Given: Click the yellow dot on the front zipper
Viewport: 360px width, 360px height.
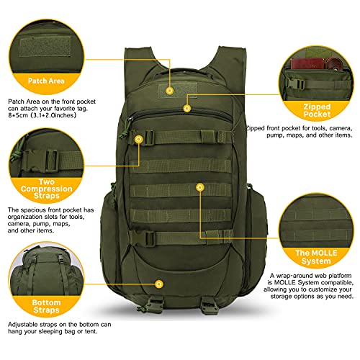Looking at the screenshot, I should click(x=187, y=108).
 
